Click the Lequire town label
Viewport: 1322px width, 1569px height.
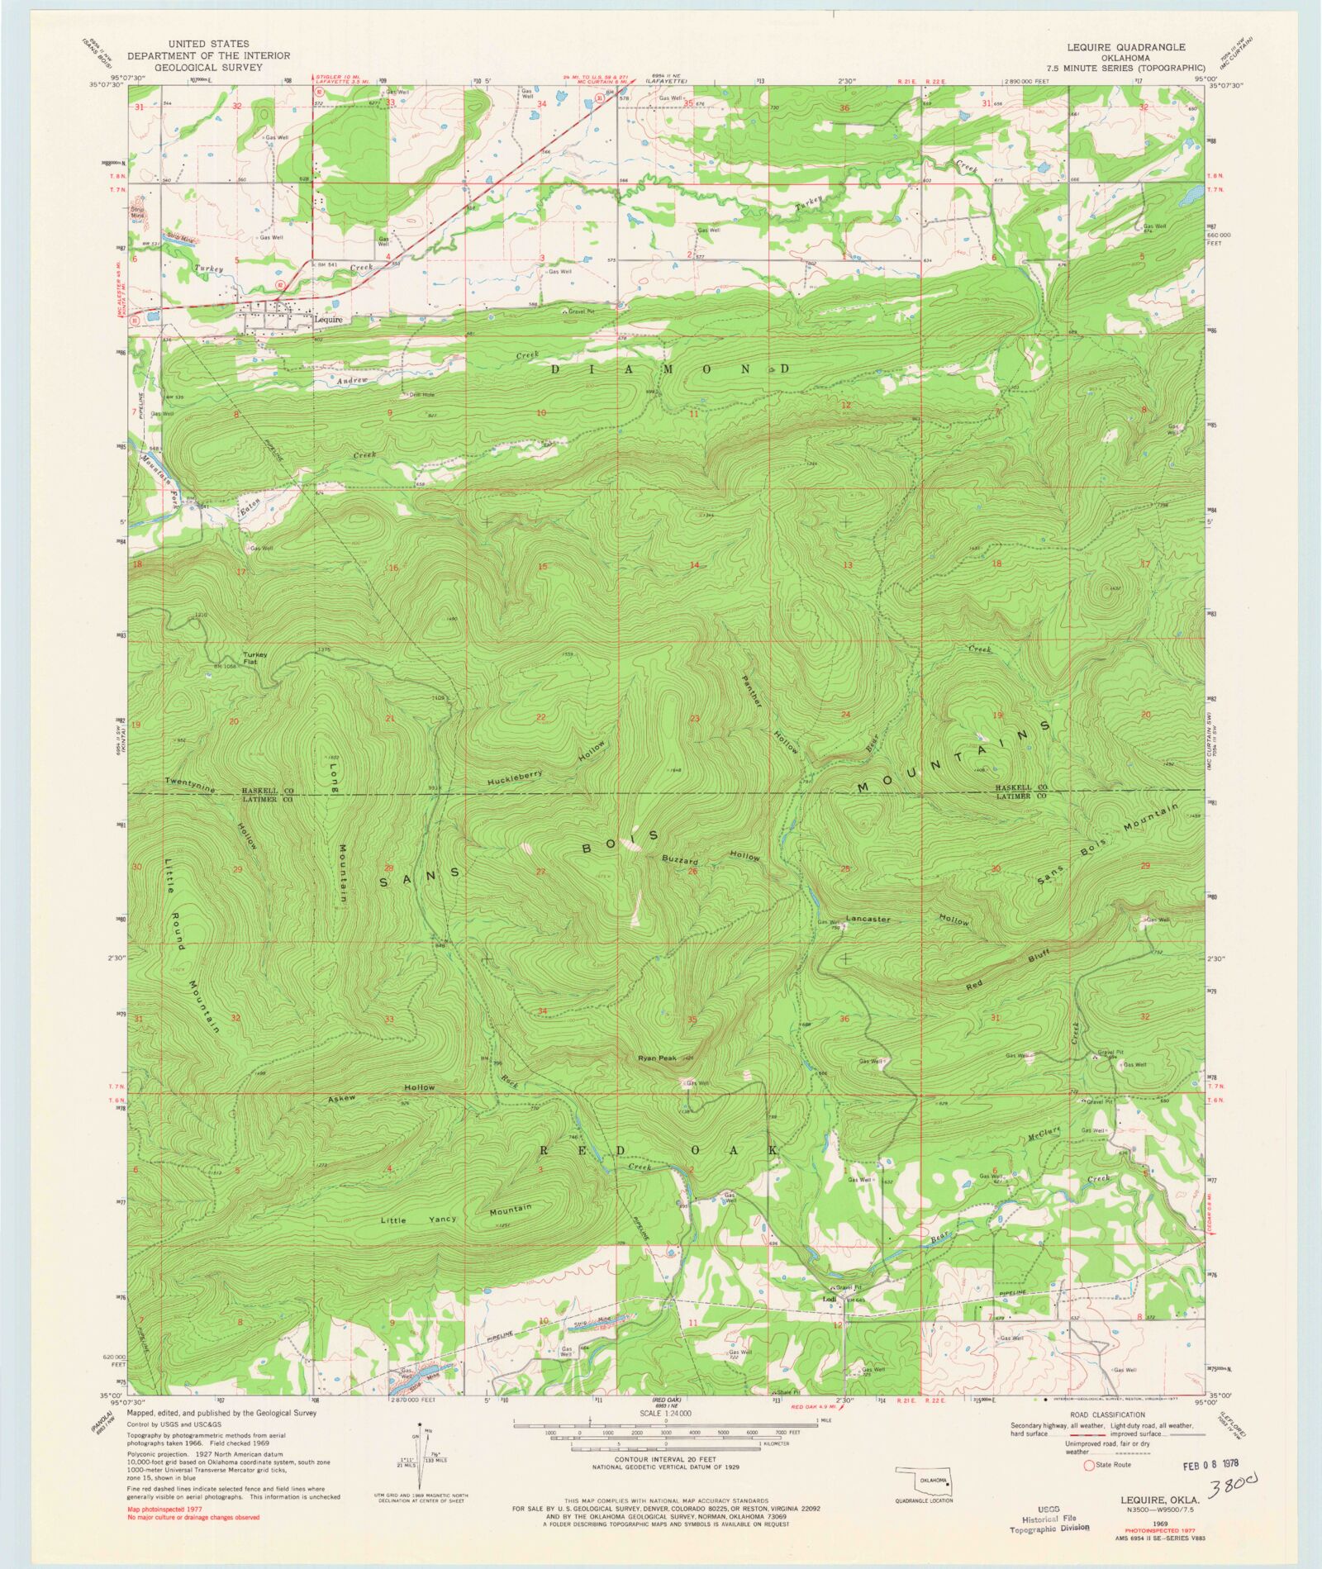327,319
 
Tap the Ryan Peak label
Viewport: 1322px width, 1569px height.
657,1058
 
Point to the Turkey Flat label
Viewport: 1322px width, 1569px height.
254,658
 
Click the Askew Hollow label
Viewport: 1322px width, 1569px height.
381,1091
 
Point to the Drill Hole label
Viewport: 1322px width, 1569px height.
421,395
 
